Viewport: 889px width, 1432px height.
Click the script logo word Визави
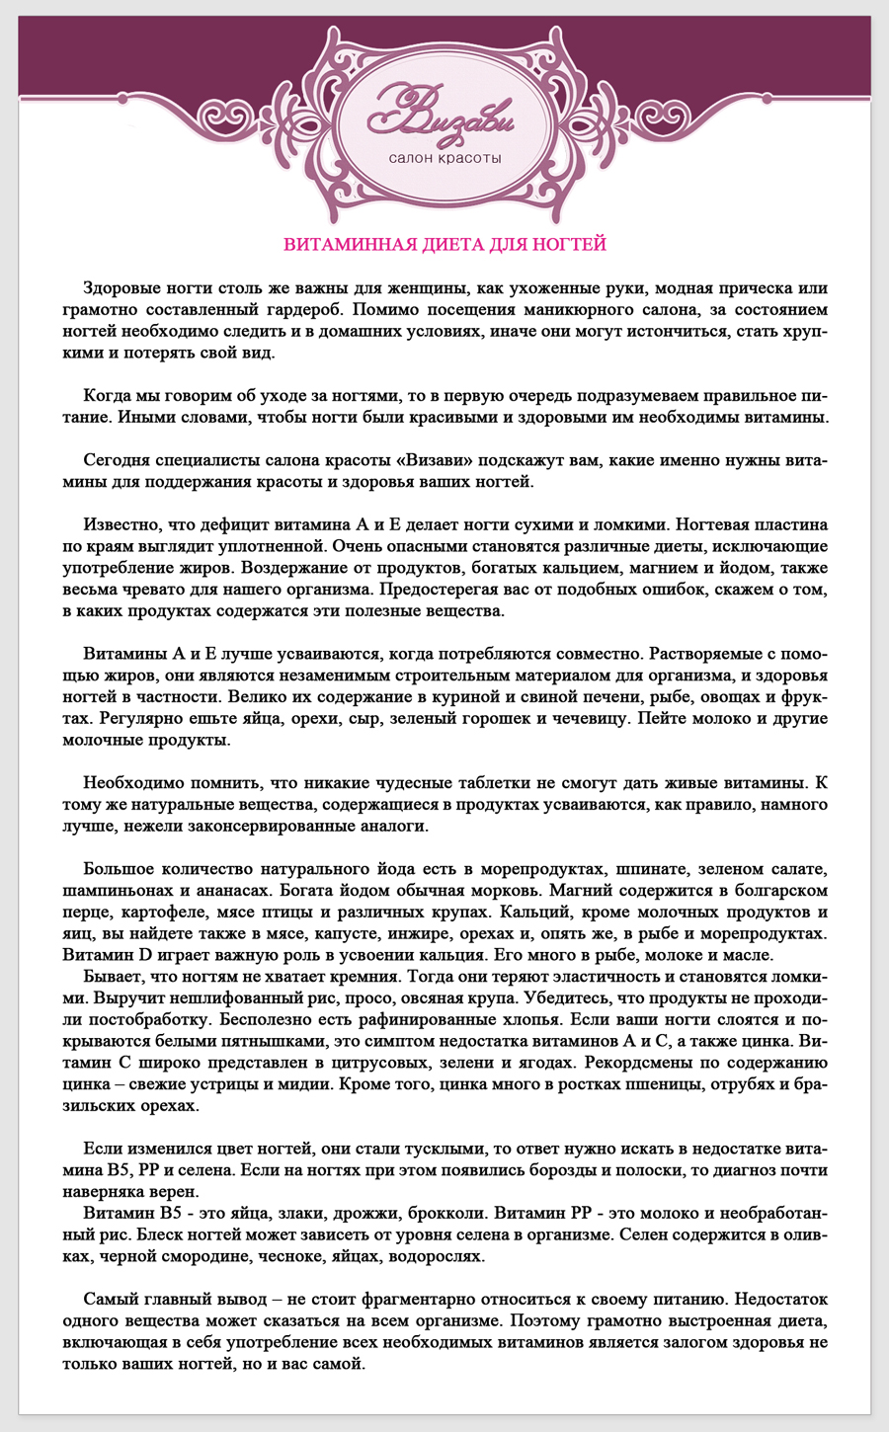click(x=441, y=114)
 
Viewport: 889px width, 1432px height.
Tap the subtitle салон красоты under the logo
click(x=444, y=158)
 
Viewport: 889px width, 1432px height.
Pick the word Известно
click(x=122, y=523)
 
